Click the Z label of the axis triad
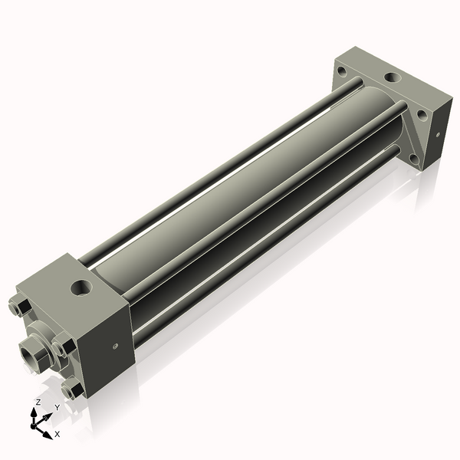coord(38,401)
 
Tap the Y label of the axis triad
coord(57,407)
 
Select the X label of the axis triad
coord(57,434)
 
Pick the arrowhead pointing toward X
coord(48,432)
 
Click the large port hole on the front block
coord(79,288)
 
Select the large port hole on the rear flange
coord(392,78)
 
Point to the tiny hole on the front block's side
coord(115,346)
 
